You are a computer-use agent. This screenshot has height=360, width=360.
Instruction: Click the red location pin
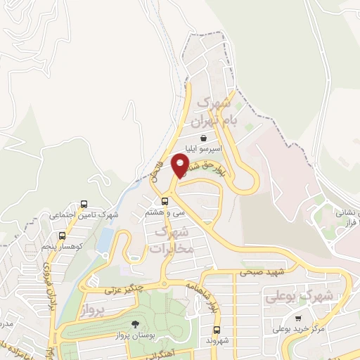click(181, 165)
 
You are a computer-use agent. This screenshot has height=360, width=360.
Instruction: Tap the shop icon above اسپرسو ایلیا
click(203, 137)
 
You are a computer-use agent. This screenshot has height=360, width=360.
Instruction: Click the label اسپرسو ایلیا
click(203, 149)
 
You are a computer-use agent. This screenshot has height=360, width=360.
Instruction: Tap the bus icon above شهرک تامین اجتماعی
click(84, 204)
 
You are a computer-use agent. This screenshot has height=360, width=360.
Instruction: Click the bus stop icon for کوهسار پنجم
click(63, 236)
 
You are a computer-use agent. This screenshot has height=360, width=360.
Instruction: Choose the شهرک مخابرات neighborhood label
click(170, 239)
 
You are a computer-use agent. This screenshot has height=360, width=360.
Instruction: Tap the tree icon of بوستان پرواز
click(134, 324)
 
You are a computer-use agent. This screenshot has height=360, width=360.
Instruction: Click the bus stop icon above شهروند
click(217, 330)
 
